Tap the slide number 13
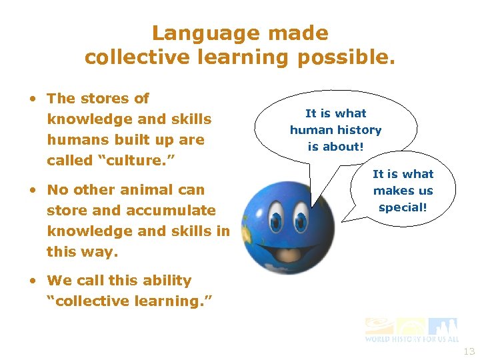pos(469,351)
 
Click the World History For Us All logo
pos(411,330)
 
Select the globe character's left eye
pos(275,218)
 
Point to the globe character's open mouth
pos(288,254)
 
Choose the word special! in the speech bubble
pos(403,207)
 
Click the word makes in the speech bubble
pos(388,191)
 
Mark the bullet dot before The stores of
pos(33,99)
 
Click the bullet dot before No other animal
pos(33,190)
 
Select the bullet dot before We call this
pos(33,281)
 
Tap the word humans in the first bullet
pos(69,140)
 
